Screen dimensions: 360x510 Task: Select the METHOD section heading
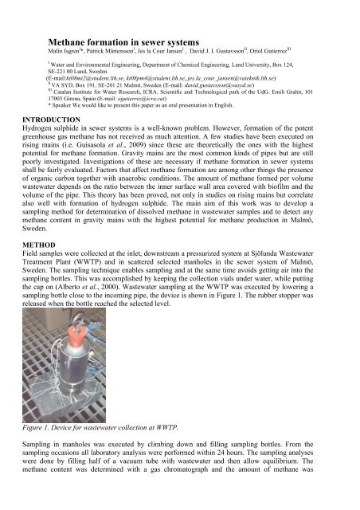click(x=23, y=273)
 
